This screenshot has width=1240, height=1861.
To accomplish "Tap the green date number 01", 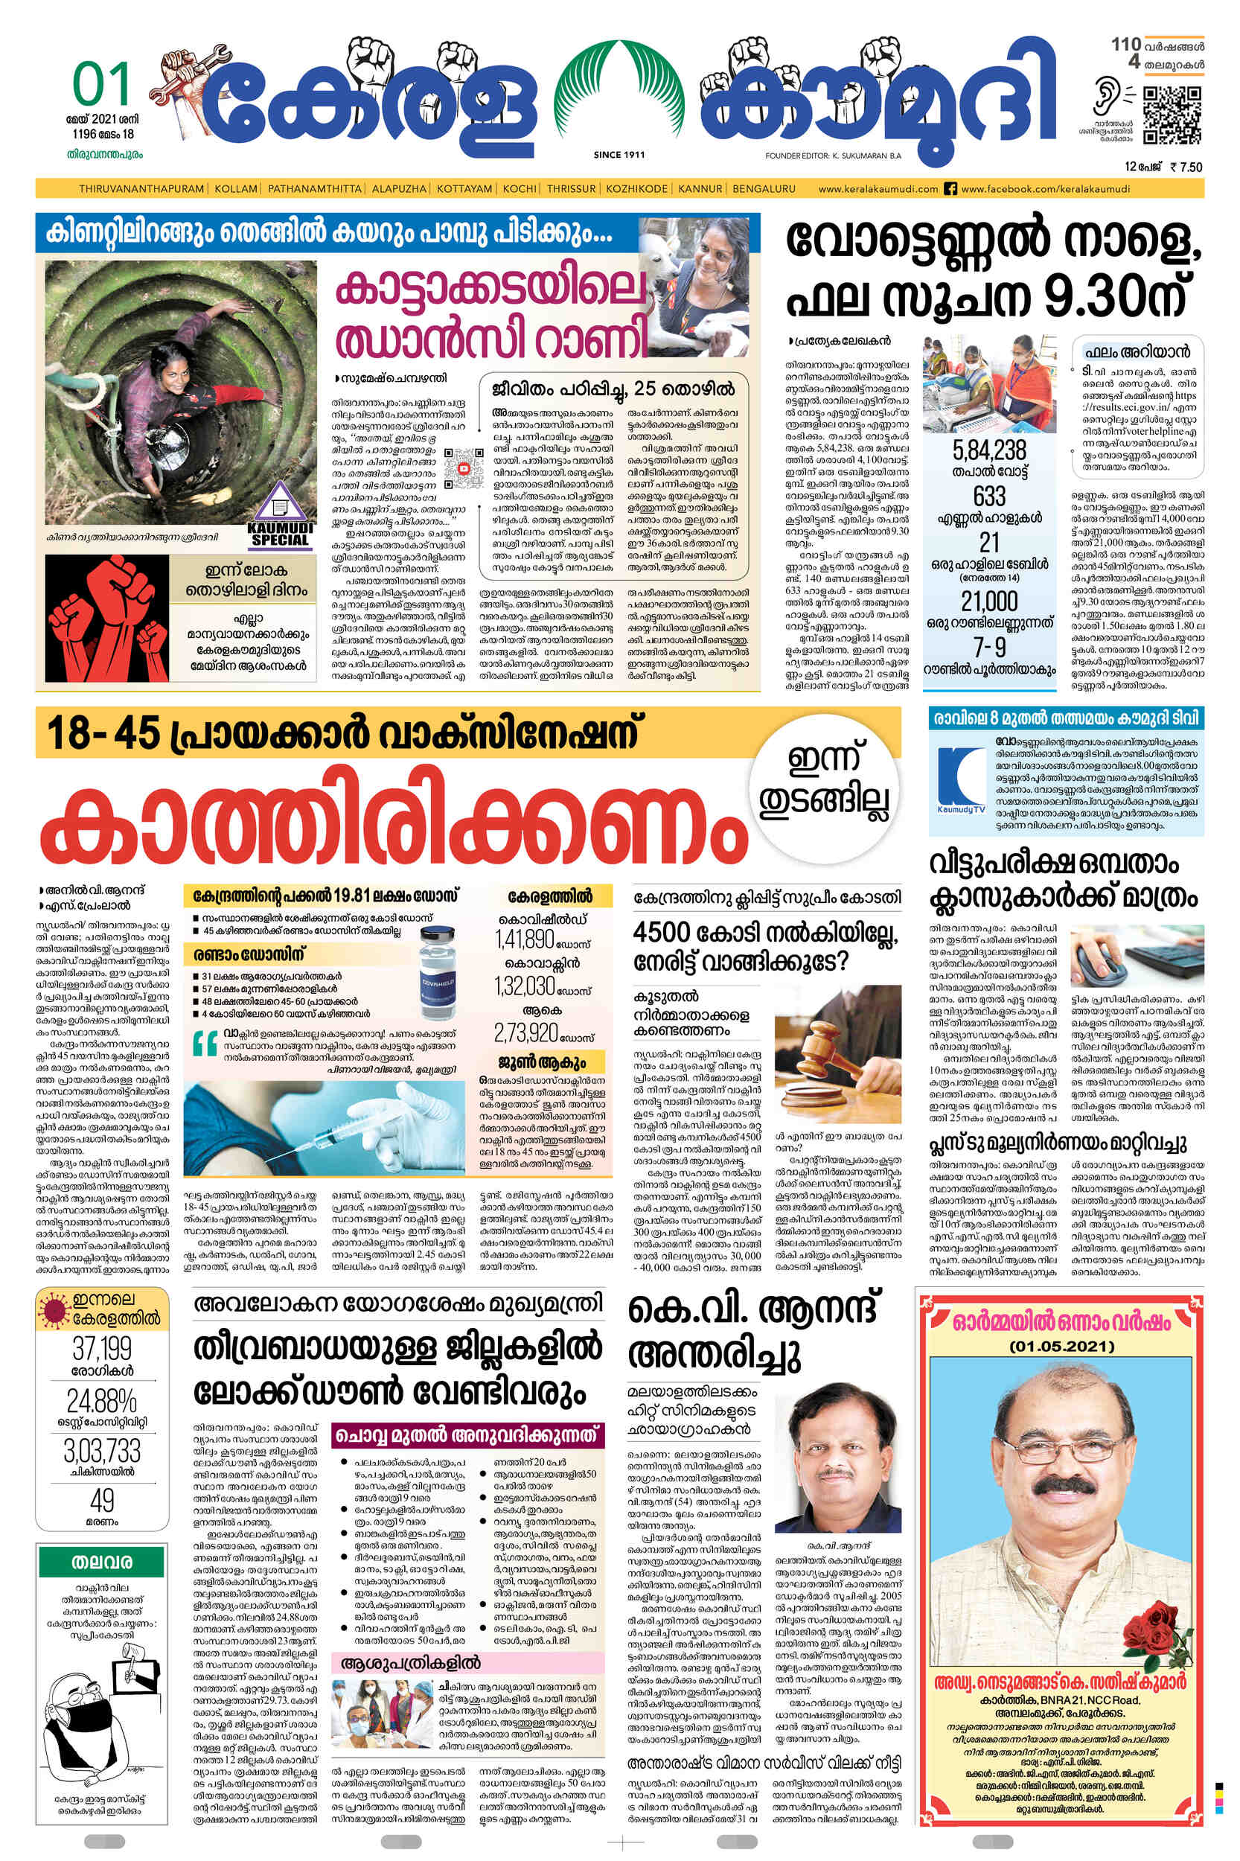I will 100,86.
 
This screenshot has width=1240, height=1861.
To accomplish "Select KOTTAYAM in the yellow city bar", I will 464,189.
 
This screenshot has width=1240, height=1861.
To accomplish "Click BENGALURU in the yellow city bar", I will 763,189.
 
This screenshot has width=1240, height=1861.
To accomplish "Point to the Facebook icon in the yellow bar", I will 950,189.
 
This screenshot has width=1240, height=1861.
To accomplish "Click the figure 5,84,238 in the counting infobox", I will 989,451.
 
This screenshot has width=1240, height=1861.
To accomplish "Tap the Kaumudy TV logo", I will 961,780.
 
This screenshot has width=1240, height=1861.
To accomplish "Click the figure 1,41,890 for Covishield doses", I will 525,939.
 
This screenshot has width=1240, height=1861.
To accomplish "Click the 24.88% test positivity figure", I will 101,1401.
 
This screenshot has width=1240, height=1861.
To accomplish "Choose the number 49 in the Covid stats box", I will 102,1501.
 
